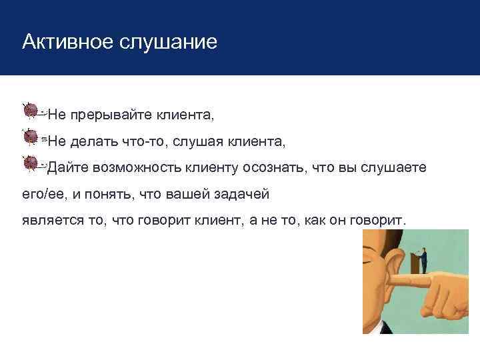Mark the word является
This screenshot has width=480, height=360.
(49, 221)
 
